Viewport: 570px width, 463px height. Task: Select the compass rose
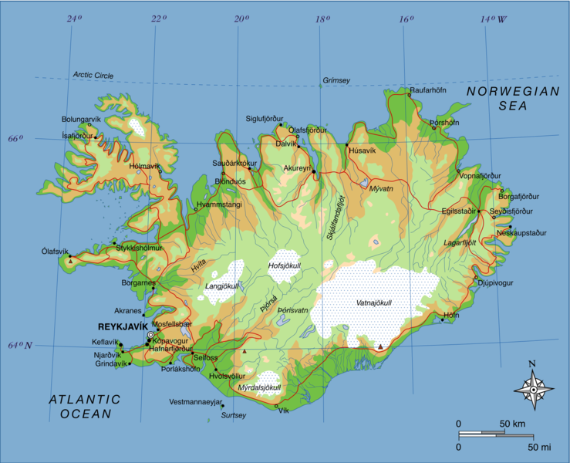click(532, 390)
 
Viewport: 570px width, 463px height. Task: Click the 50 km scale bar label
click(512, 424)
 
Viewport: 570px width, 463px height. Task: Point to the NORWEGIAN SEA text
click(512, 98)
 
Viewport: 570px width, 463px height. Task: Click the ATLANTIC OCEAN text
click(85, 406)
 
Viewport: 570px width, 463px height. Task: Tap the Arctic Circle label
click(93, 75)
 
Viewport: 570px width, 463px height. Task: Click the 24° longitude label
click(74, 19)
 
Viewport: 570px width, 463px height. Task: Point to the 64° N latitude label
click(21, 345)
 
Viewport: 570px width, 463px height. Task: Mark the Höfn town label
click(451, 316)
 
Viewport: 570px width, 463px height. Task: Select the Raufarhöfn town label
click(430, 90)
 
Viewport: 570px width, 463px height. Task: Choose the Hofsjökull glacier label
click(283, 266)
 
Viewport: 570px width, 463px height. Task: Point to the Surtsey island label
click(234, 415)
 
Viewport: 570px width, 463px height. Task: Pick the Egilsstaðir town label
click(457, 210)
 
